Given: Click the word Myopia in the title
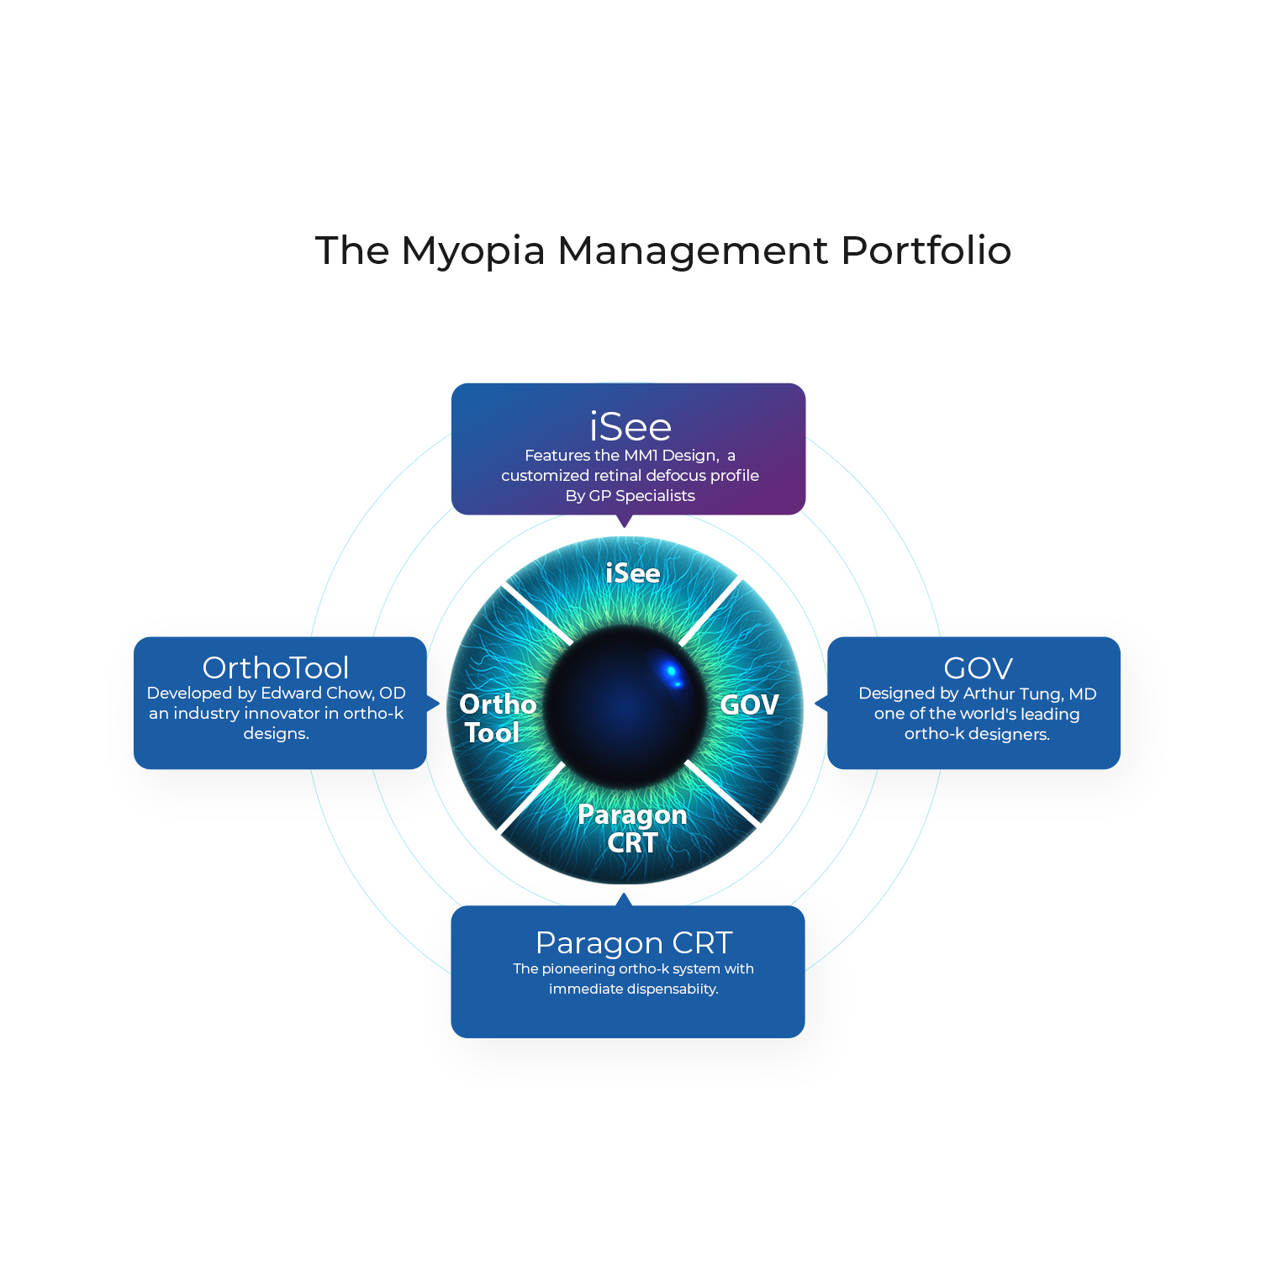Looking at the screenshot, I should coord(473,251).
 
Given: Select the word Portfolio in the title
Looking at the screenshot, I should coord(926,251).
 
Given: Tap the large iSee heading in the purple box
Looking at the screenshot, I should coord(630,427).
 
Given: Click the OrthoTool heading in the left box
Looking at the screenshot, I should coord(276,667).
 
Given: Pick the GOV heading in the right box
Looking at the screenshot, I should coord(978,668).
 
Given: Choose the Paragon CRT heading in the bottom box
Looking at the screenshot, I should coord(634,943).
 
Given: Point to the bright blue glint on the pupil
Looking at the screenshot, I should coord(672,672).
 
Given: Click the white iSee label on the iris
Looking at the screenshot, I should coord(633,573).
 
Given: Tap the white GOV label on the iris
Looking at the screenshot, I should coord(750,704).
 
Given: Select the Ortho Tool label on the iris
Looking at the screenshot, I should coord(497,718).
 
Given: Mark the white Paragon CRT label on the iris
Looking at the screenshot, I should coord(632,828).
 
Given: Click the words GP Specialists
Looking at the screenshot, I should coord(641,496).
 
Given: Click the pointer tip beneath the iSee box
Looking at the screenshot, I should coord(624,525).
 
